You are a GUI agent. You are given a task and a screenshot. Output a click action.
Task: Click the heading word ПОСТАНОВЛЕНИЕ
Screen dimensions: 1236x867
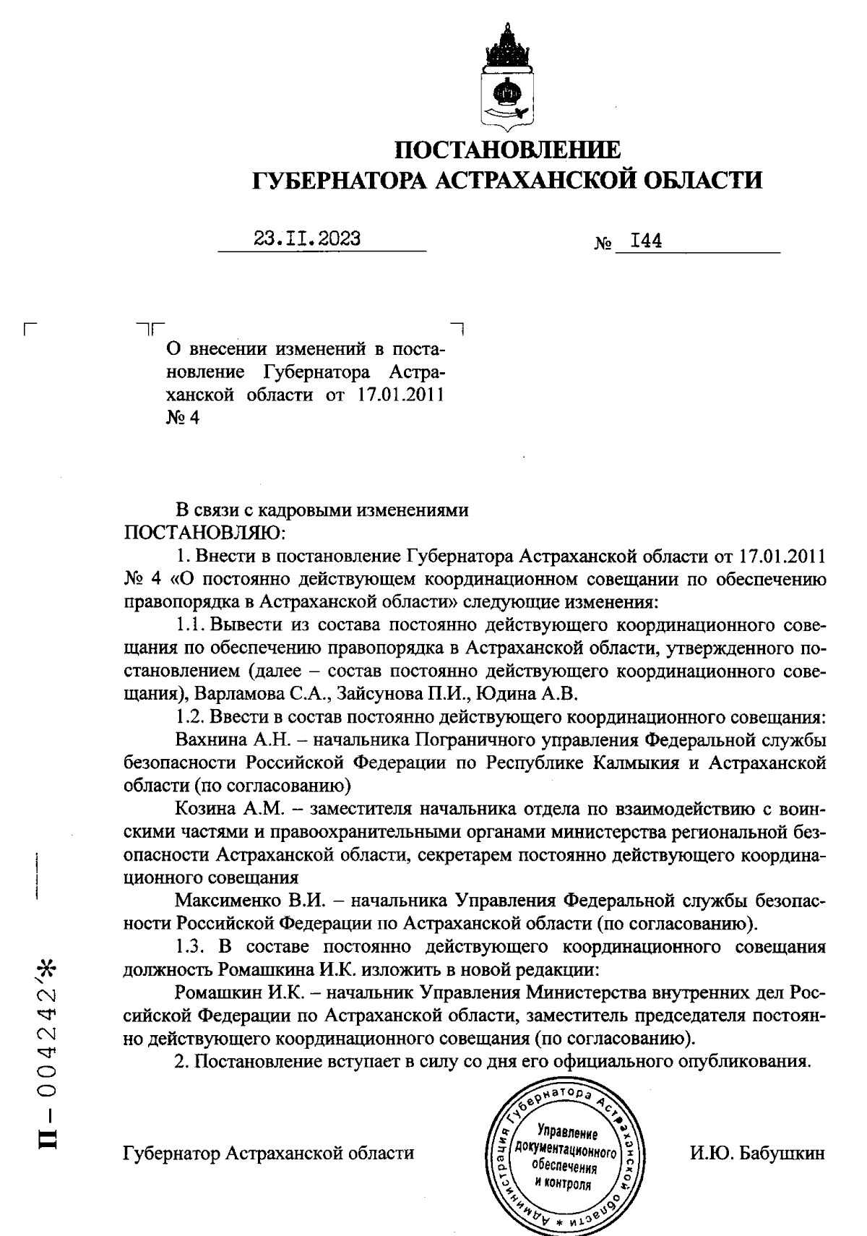coord(507,150)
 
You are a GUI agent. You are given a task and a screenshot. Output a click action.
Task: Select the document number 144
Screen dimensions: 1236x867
coord(646,241)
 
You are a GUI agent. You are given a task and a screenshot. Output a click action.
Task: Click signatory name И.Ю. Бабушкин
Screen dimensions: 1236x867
coord(756,1153)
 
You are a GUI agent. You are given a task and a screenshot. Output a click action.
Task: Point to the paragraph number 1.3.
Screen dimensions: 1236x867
coord(191,948)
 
